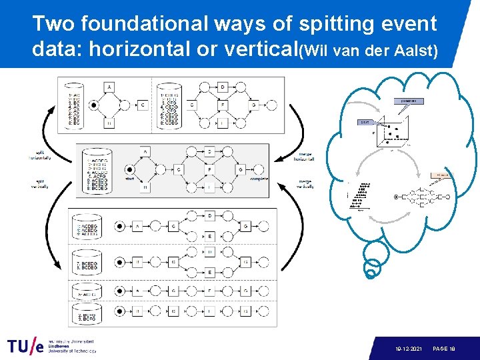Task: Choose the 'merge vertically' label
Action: (x=304, y=183)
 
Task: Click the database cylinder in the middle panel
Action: (x=91, y=171)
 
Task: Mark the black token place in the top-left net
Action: (x=94, y=105)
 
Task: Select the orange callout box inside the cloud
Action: (x=441, y=175)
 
